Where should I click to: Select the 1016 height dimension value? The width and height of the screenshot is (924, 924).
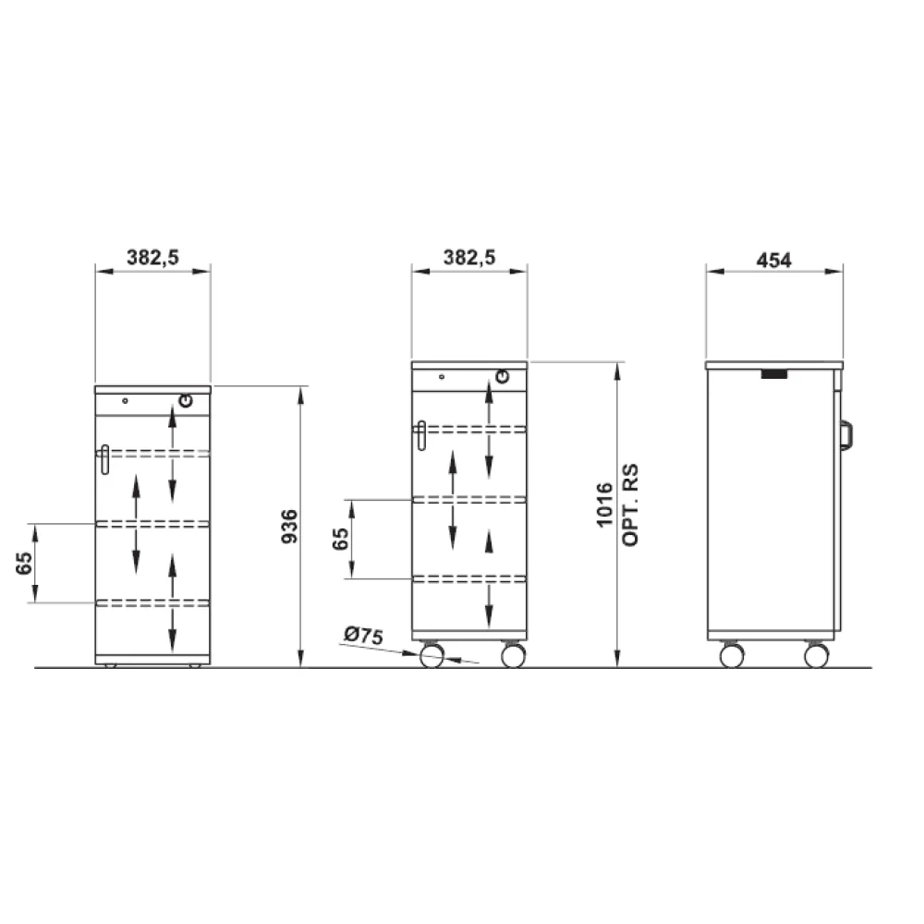click(x=605, y=505)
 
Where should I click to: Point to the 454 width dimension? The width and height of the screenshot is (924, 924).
click(x=774, y=260)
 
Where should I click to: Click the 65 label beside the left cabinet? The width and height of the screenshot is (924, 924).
click(x=25, y=563)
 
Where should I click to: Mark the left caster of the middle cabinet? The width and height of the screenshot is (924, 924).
click(x=432, y=656)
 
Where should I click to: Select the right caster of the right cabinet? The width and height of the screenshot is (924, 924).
click(x=815, y=655)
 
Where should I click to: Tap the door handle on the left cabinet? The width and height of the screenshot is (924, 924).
click(x=104, y=459)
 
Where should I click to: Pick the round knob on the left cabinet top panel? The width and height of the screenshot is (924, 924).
click(x=186, y=401)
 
